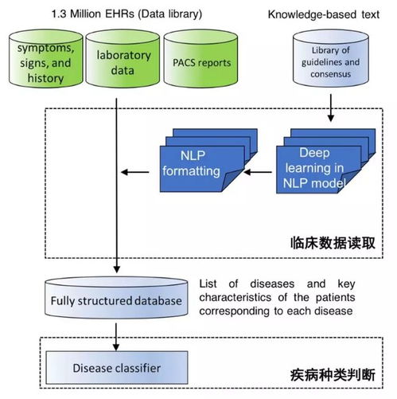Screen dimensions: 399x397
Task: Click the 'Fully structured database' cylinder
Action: point(118,300)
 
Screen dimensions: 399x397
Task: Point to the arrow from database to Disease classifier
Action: point(117,338)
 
